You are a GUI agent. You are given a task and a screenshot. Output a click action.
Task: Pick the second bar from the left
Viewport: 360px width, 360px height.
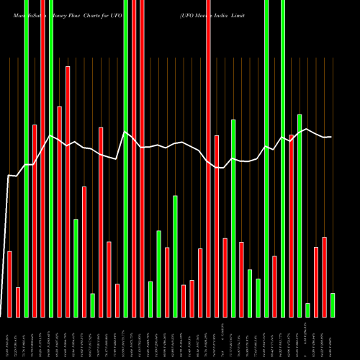(18, 302)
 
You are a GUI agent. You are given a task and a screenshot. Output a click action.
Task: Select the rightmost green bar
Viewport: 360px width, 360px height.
(333, 305)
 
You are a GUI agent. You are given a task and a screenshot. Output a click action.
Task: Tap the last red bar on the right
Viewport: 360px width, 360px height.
(324, 276)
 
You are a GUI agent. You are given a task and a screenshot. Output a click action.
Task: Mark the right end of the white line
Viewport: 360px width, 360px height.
(331, 137)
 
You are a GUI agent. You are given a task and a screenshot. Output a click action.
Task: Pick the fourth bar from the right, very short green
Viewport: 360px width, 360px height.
(308, 310)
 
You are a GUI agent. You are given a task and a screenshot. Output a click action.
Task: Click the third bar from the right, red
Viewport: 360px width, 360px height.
(316, 282)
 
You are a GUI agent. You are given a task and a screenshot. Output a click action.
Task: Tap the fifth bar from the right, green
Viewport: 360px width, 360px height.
(300, 215)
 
